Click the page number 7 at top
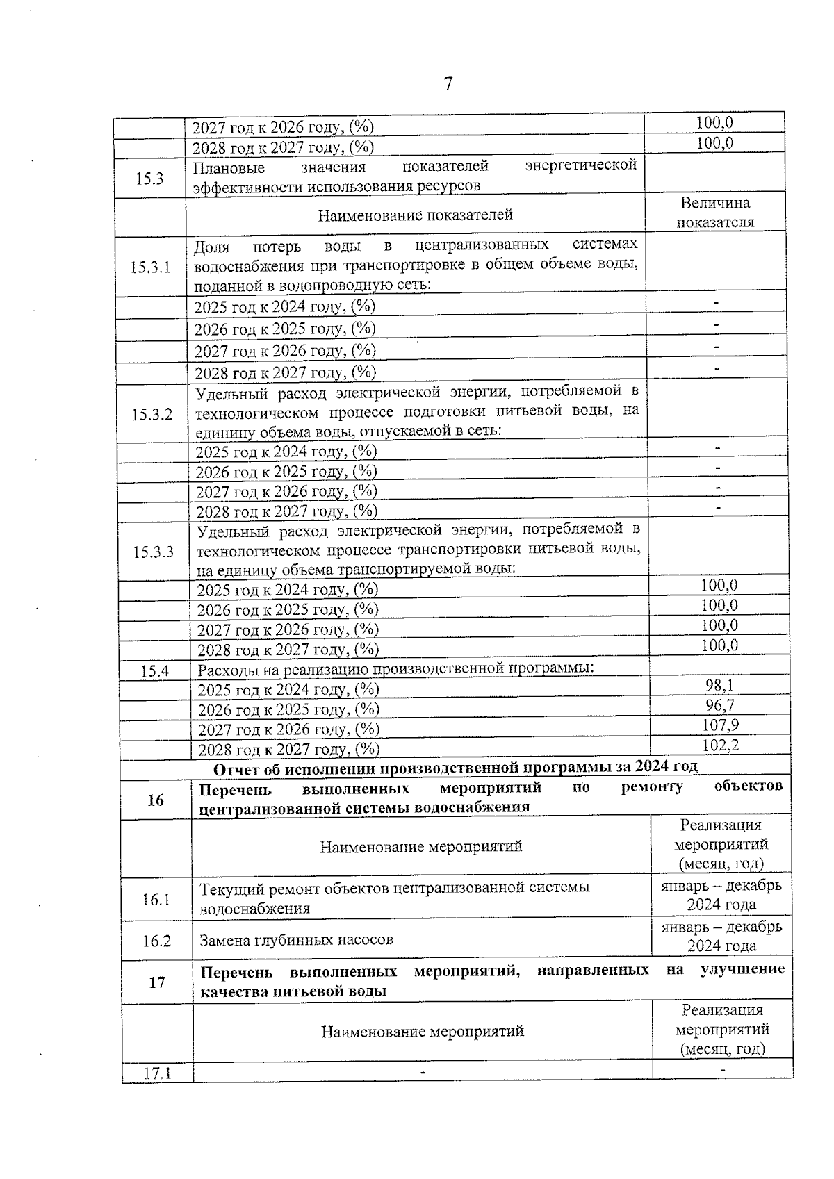click(448, 84)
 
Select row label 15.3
click(149, 179)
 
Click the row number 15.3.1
click(150, 267)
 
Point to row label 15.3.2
click(152, 415)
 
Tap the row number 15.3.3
click(153, 552)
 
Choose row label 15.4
click(155, 671)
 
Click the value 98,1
click(719, 686)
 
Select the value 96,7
click(719, 706)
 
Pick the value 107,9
click(720, 725)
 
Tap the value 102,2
click(720, 745)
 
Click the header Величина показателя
click(715, 213)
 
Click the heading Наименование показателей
click(415, 215)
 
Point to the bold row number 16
click(156, 800)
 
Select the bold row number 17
click(157, 982)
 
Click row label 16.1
click(156, 900)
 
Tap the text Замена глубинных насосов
click(297, 940)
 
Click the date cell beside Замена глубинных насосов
click(721, 937)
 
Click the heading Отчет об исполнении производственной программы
click(455, 767)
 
